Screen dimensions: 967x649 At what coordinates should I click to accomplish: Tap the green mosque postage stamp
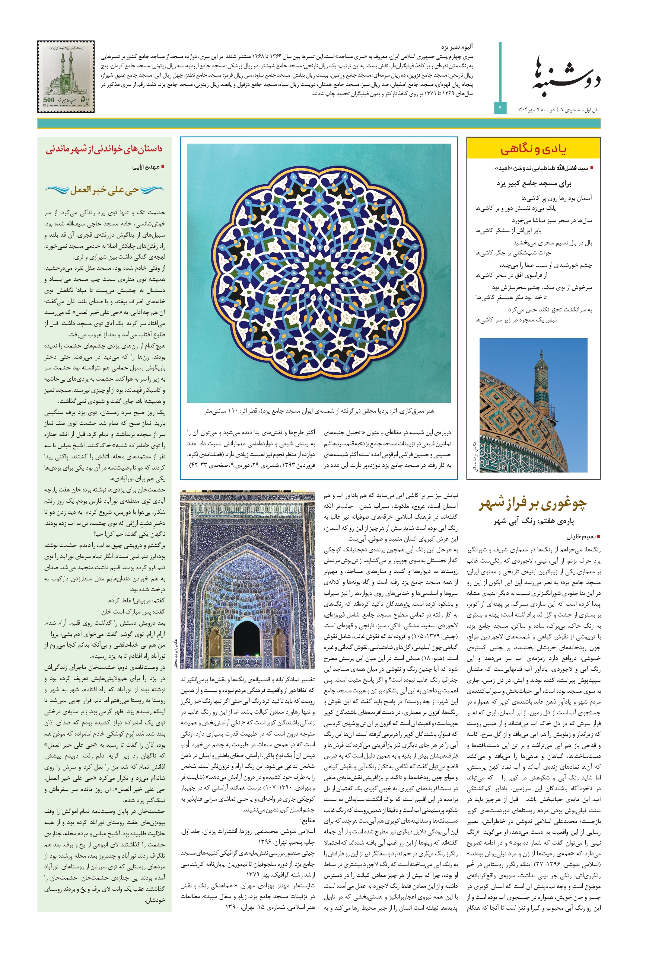(66, 77)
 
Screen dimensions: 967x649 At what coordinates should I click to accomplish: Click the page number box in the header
(500, 108)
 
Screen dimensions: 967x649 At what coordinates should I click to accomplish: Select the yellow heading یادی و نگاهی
(533, 149)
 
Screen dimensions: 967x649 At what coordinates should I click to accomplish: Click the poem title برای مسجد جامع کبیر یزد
(534, 183)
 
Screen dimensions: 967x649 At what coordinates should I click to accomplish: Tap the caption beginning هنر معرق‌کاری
(319, 411)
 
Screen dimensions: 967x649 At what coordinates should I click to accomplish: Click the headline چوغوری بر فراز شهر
(533, 504)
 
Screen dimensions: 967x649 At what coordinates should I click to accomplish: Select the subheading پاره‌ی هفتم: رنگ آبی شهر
(534, 521)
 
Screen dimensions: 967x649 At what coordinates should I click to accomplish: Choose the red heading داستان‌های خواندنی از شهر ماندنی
(104, 149)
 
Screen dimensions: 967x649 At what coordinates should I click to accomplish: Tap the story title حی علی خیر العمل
(104, 190)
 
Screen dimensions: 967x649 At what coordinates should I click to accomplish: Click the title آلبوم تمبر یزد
(457, 47)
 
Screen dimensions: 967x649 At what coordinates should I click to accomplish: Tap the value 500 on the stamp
(49, 100)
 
